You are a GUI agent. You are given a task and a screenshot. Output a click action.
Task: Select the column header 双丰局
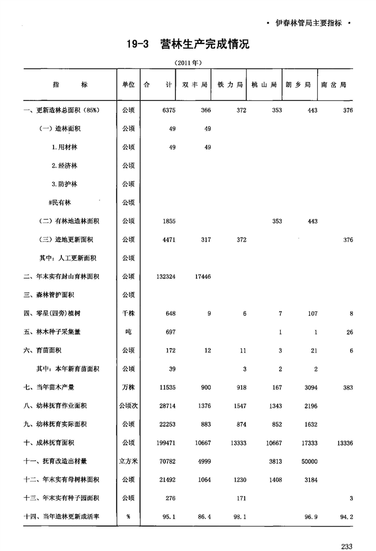pos(194,85)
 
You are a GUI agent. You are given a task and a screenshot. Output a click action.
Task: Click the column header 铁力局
pos(229,85)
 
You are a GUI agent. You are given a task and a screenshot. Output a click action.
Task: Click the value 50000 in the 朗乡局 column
pos(308,461)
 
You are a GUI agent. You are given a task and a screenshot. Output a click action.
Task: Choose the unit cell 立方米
pos(128,461)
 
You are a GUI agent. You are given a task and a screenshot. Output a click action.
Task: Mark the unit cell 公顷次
pos(128,406)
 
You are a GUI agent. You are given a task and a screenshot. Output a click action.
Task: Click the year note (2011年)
pos(189,62)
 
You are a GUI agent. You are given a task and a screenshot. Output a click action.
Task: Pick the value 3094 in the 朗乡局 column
pos(309,387)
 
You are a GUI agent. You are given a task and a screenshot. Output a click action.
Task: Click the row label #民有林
pos(60,202)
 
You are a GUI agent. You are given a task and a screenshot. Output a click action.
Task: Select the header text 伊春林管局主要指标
pos(309,23)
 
